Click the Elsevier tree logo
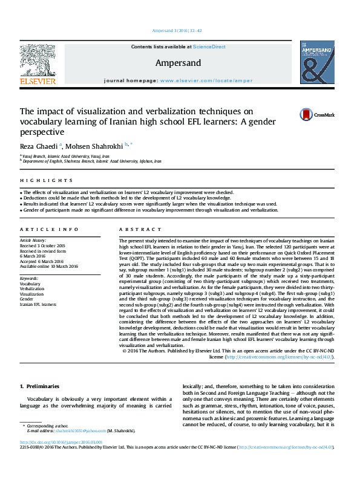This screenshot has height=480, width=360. (38, 63)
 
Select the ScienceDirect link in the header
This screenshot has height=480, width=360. (210, 47)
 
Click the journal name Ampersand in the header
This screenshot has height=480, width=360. (178, 62)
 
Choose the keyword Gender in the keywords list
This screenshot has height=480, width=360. (27, 299)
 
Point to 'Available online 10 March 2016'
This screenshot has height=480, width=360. (49, 266)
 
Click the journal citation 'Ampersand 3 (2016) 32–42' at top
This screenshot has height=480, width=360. (179, 31)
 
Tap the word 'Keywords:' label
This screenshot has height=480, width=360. (29, 278)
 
